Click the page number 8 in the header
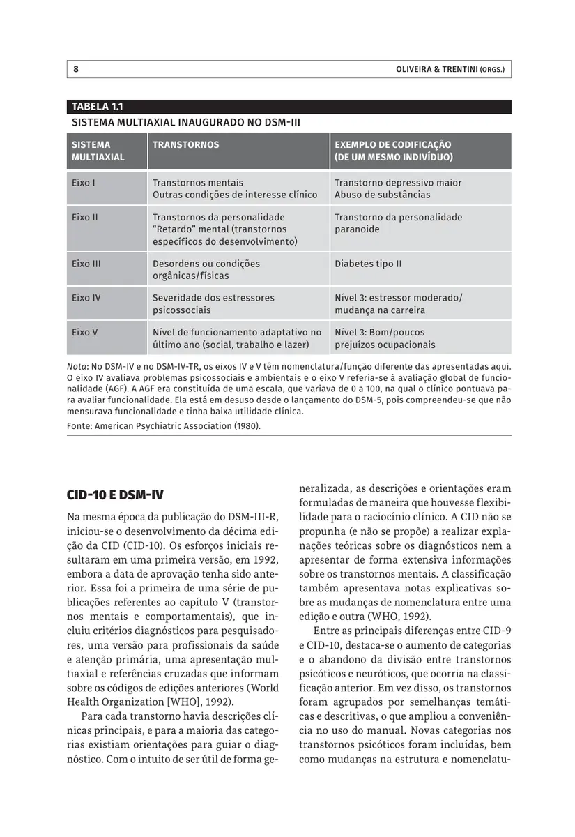pos(75,69)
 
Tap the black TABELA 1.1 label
pos(98,107)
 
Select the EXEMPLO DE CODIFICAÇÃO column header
pos(393,151)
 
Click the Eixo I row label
pos(83,183)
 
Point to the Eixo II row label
pos(84,218)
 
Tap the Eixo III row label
pos(86,264)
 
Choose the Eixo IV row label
pos(86,298)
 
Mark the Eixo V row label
pos(84,333)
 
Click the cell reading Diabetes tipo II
pos(368,264)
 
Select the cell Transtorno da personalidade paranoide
pos(398,223)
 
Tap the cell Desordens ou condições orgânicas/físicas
pos(206,270)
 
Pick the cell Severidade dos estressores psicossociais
pos(213,303)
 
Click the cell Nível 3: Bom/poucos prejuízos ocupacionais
pos(385,338)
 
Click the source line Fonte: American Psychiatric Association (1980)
pos(164,425)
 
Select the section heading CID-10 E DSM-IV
pos(115,495)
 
